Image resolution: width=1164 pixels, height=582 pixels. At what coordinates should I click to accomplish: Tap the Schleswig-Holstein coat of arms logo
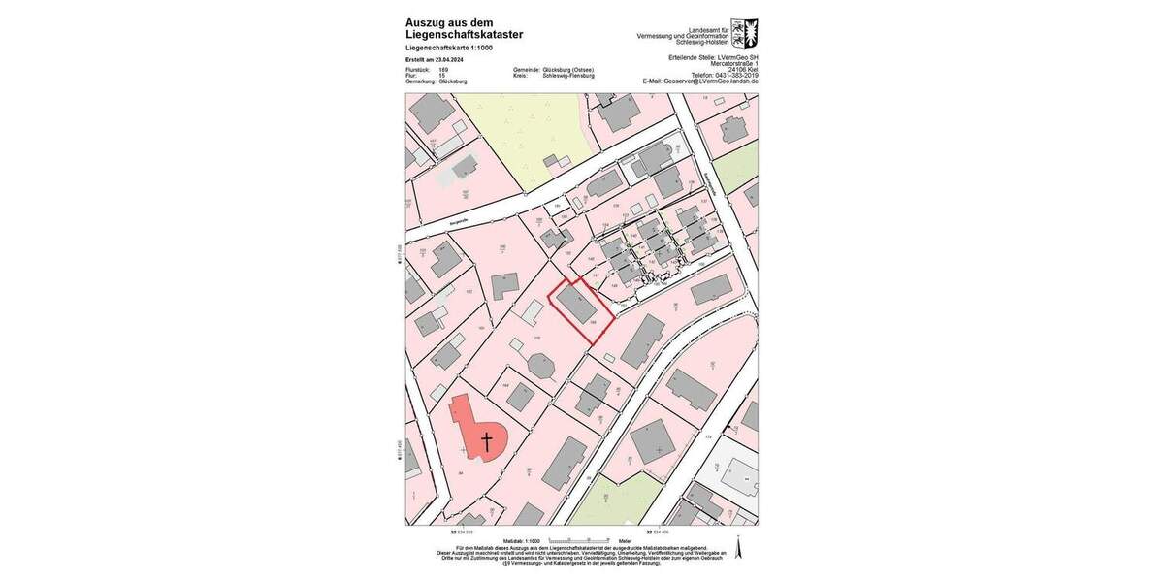coord(744,33)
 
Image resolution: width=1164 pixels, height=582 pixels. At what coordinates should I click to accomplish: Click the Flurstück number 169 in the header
coord(443,70)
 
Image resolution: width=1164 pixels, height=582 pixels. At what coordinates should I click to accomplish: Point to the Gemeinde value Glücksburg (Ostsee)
coord(566,70)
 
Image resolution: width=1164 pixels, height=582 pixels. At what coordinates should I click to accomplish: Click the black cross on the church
coord(487,441)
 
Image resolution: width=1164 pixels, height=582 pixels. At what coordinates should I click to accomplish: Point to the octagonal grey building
coord(539,366)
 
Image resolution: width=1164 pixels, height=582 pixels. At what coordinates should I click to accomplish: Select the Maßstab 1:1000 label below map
coord(520,542)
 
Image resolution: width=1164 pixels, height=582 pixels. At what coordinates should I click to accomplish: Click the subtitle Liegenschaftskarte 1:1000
coord(450,48)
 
